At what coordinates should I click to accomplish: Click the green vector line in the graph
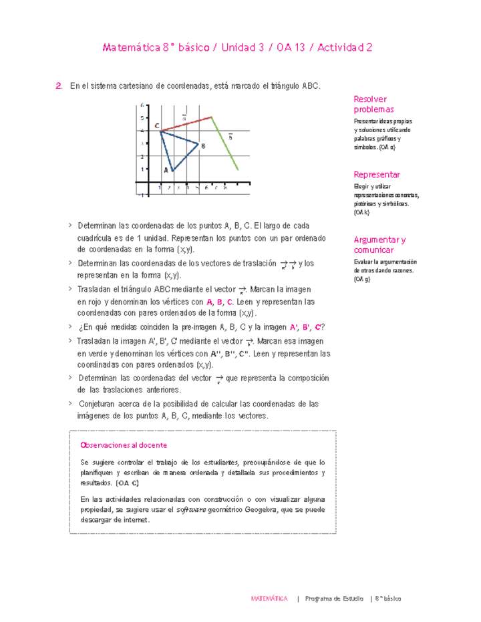225,144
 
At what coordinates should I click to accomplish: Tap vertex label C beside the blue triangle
156,126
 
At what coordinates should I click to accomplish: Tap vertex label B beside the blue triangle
202,145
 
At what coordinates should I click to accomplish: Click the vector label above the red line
184,117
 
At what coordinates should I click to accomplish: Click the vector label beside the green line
230,137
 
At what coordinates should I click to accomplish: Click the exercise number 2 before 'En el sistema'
59,86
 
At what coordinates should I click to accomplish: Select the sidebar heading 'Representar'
377,174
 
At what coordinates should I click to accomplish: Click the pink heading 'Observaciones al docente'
123,445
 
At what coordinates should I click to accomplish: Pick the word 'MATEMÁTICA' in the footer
269,599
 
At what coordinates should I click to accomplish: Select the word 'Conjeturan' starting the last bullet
100,404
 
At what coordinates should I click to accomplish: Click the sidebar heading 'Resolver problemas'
373,104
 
